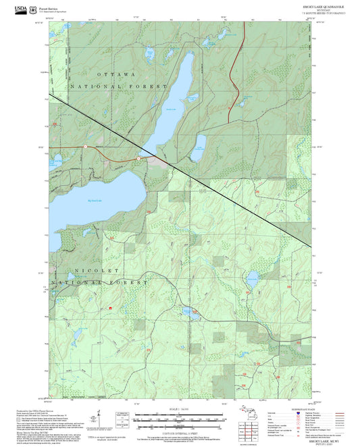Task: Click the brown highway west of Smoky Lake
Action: coord(101,150)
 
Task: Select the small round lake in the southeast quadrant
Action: coord(251,277)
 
